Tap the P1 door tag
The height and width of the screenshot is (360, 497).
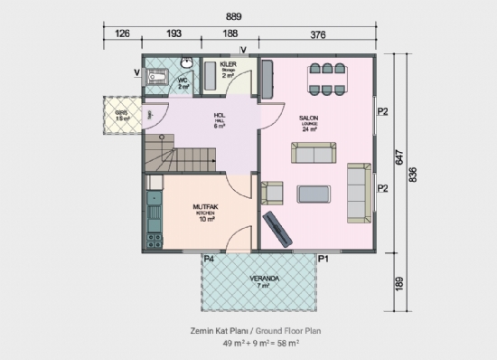point(324,259)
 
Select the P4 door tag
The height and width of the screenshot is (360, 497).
point(208,259)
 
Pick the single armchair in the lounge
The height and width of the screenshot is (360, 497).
point(272,193)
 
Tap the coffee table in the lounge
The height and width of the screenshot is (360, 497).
point(315,193)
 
